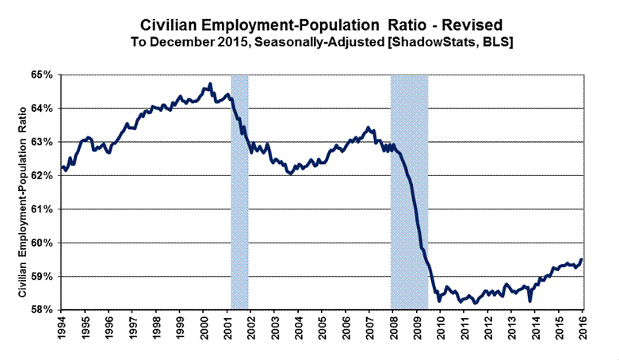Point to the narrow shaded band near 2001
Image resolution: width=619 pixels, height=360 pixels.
[x=239, y=190]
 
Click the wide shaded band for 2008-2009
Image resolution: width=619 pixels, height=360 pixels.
[x=409, y=190]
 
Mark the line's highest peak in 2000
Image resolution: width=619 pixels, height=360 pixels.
[x=209, y=82]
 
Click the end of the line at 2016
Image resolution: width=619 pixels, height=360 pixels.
[x=583, y=259]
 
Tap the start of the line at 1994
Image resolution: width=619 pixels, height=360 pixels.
[x=62, y=167]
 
